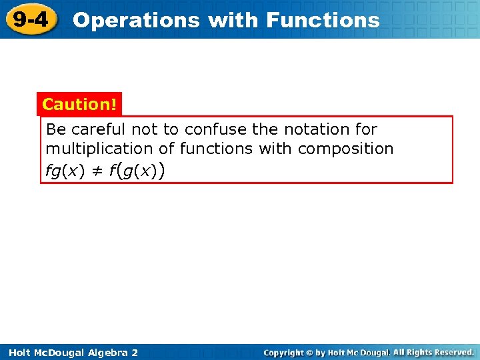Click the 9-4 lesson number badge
30,19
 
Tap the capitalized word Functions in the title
323,20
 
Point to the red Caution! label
79,105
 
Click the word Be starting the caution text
55,129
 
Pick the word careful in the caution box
99,129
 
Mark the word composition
345,149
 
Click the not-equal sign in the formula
97,171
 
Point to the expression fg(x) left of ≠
65,171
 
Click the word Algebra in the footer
106,352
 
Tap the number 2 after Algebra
135,352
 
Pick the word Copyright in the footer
283,352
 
